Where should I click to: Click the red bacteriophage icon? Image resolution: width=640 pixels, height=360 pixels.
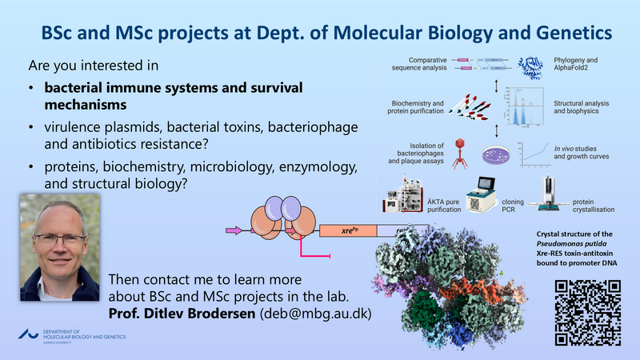[x=459, y=153]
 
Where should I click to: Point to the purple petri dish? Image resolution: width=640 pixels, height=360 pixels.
[x=498, y=154]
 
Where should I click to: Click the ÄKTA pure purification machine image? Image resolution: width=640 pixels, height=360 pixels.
[x=405, y=197]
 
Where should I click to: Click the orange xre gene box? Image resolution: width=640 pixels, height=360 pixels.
[x=347, y=231]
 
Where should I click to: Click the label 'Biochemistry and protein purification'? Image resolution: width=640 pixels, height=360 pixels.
[x=417, y=109]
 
